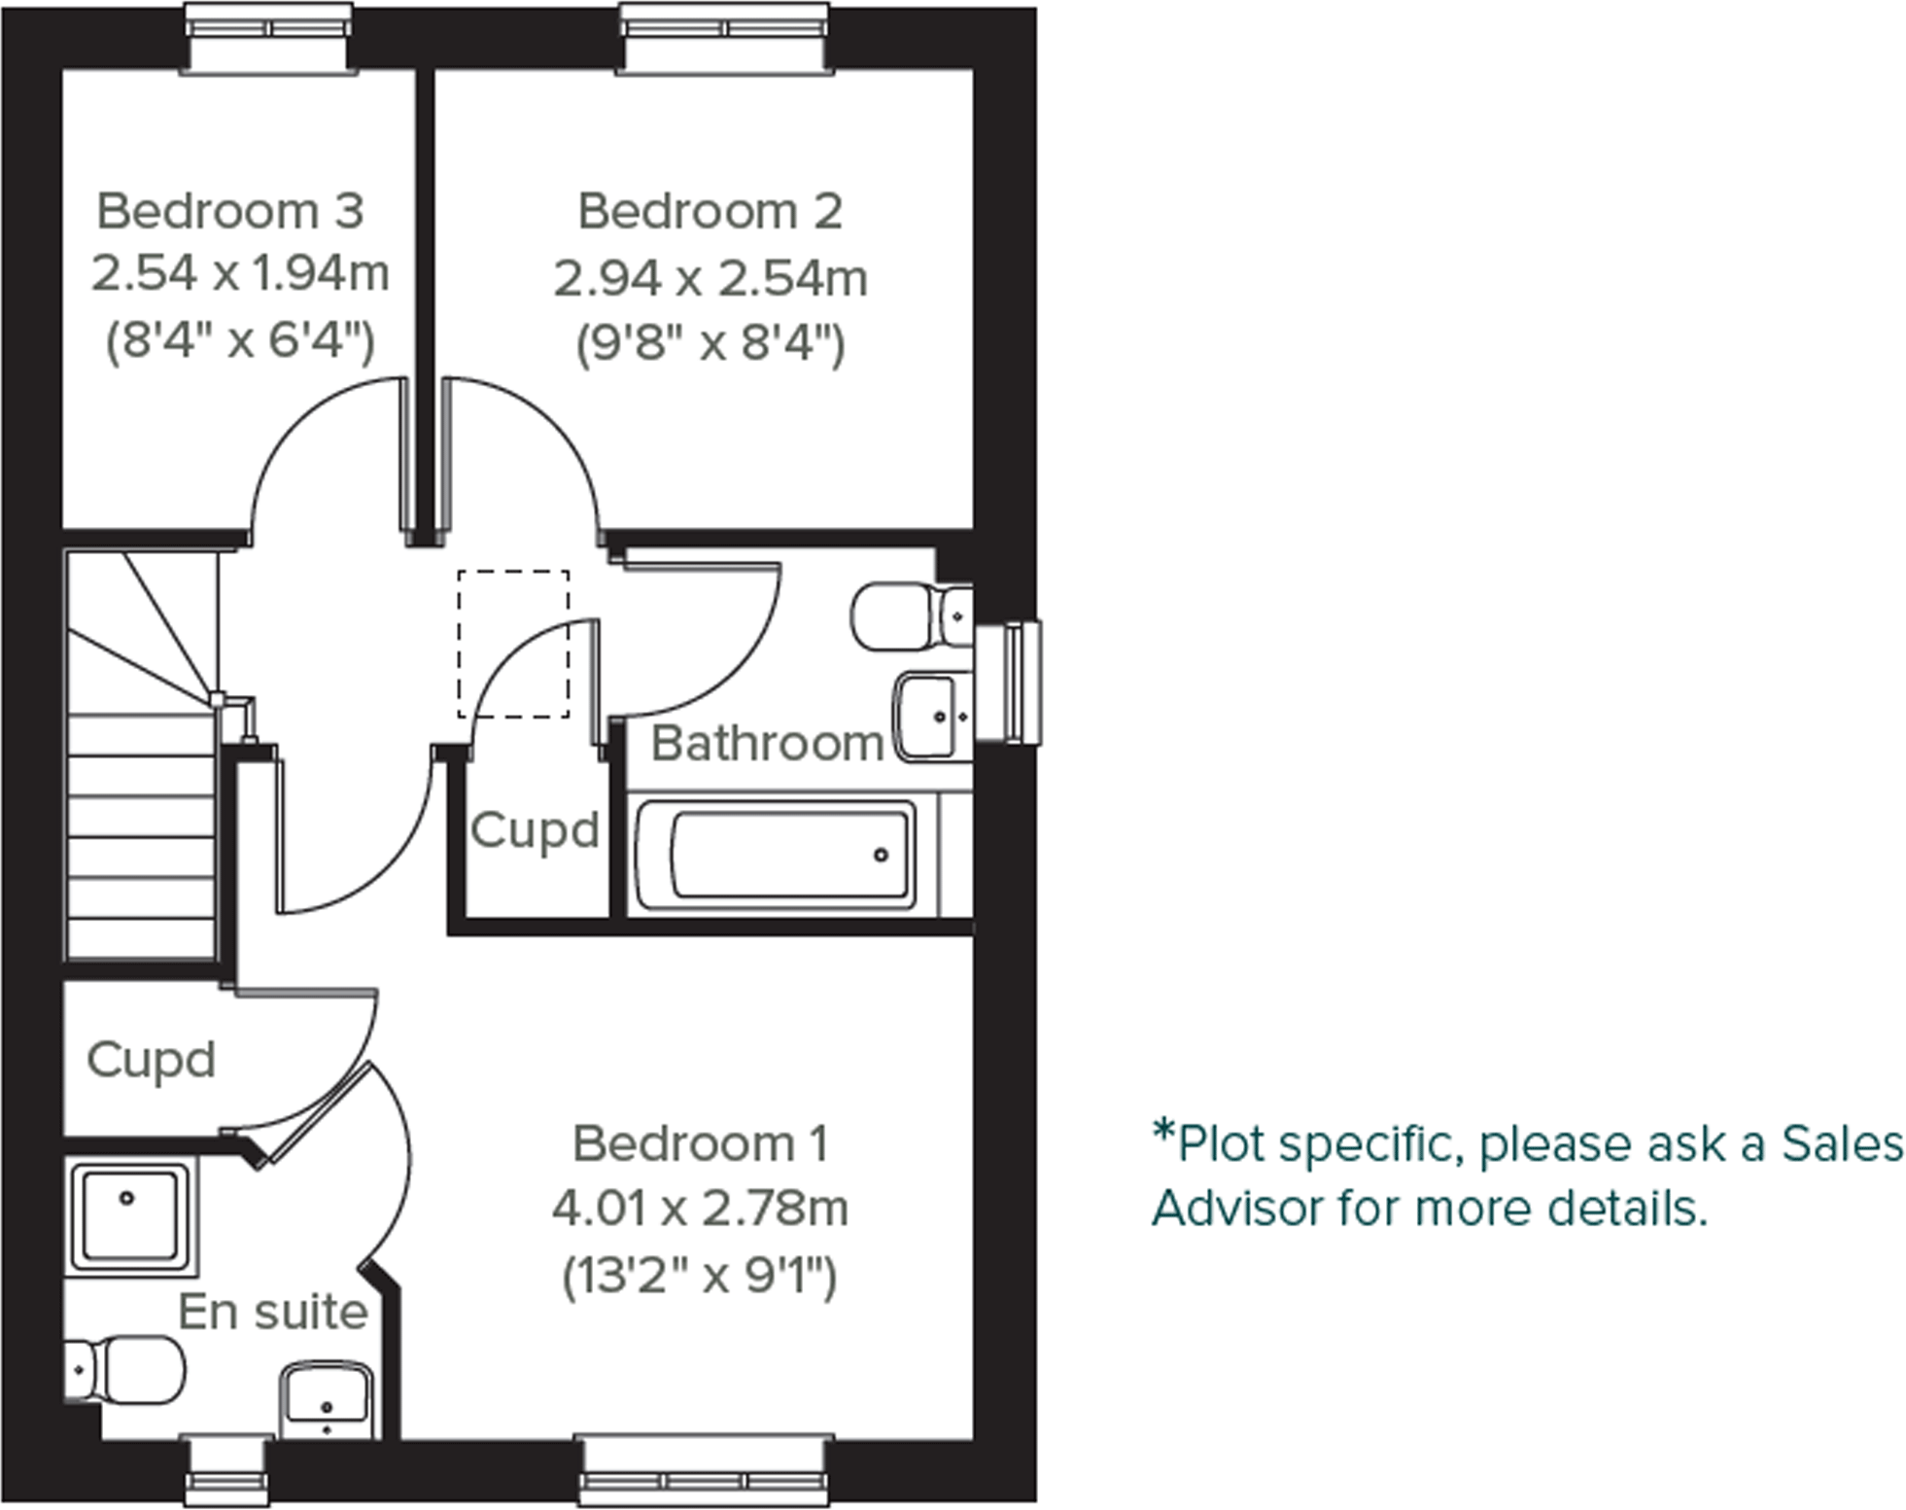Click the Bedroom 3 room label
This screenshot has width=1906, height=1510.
tap(230, 211)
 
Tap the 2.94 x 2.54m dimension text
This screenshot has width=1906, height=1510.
tap(710, 278)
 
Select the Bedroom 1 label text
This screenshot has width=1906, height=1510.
tap(700, 1143)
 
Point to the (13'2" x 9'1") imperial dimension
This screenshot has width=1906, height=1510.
tap(700, 1276)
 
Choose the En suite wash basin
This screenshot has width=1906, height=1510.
tap(327, 1398)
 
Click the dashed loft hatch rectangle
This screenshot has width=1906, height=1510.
tap(513, 644)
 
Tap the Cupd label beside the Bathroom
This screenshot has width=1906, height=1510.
tap(534, 830)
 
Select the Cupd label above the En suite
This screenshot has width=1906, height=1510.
tap(151, 1060)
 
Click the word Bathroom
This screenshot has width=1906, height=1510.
tap(767, 744)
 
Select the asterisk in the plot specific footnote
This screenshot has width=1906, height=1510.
tap(1163, 1132)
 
